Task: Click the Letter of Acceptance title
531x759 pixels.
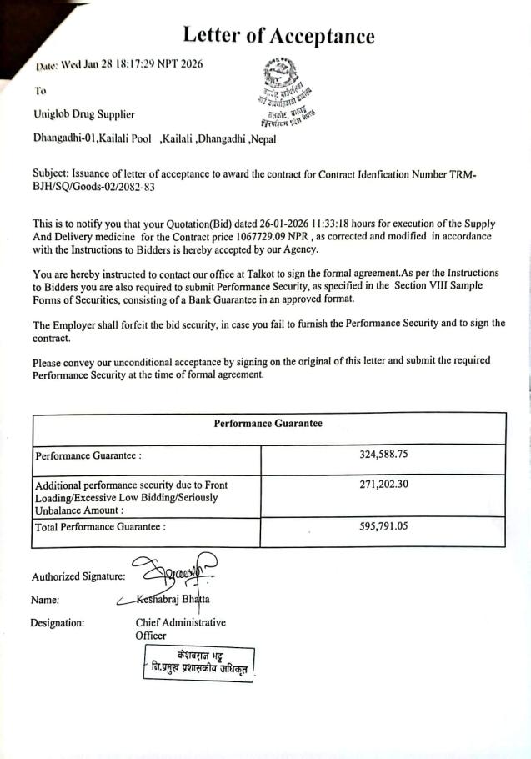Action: [x=278, y=35]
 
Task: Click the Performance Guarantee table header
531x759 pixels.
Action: [x=268, y=424]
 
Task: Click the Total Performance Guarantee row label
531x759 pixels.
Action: [x=100, y=527]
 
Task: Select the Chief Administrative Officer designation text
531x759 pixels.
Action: [x=180, y=629]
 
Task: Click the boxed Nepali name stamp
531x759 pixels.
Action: [x=198, y=661]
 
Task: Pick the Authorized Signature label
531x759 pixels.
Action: [x=78, y=576]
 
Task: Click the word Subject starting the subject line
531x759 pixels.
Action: [x=51, y=173]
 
